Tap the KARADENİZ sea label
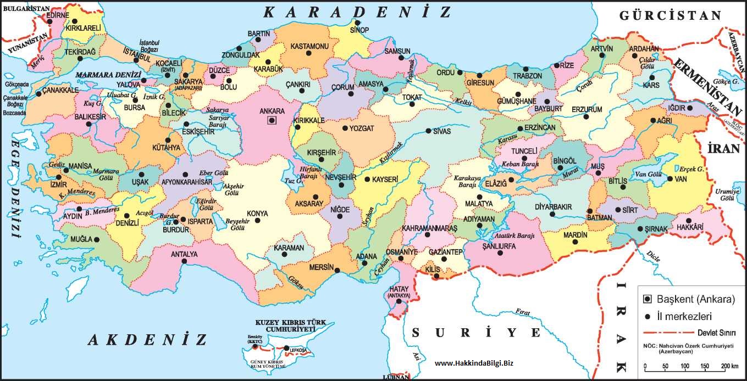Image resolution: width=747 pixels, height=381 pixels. (356, 12)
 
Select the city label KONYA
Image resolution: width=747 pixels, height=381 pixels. (257, 213)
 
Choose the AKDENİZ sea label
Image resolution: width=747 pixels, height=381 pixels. (147, 339)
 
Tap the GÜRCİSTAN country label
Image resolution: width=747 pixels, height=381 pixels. (669, 15)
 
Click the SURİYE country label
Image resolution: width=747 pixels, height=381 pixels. (477, 332)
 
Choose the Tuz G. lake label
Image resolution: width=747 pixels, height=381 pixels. (295, 181)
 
